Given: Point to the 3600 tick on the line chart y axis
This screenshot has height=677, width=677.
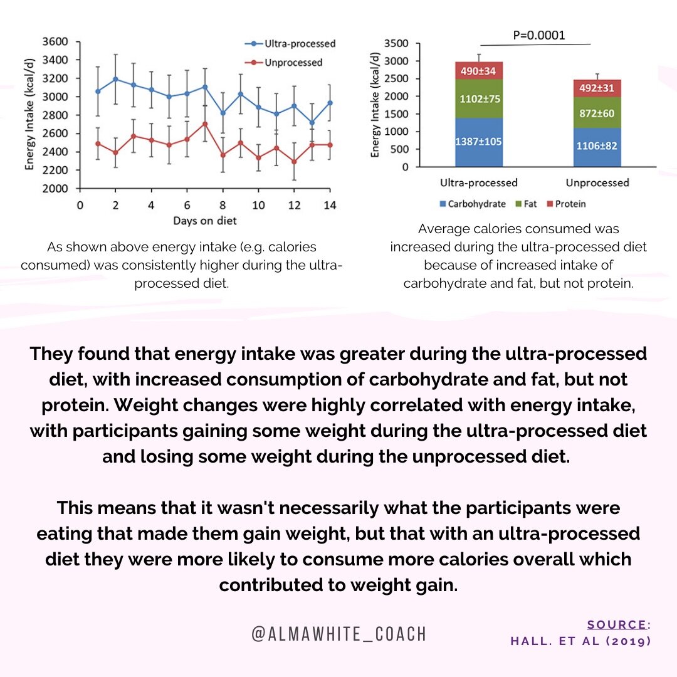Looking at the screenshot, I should (56, 42).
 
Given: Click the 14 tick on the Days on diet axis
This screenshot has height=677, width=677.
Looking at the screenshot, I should (329, 205).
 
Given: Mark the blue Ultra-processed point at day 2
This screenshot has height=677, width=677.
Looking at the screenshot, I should (115, 79).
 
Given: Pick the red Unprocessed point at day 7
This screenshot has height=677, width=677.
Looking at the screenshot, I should (204, 123).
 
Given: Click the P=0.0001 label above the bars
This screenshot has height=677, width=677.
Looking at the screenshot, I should (538, 35).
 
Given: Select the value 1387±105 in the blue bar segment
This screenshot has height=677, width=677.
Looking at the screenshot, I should (479, 141).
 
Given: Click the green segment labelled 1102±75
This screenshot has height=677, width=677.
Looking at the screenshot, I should (479, 98).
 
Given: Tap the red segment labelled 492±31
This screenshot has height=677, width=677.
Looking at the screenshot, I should (597, 88).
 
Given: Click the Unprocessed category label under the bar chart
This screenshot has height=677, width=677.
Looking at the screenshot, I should (597, 182).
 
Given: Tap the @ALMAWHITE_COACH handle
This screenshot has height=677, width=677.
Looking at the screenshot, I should (338, 634).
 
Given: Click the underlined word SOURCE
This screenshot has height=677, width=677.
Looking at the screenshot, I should (618, 624).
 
